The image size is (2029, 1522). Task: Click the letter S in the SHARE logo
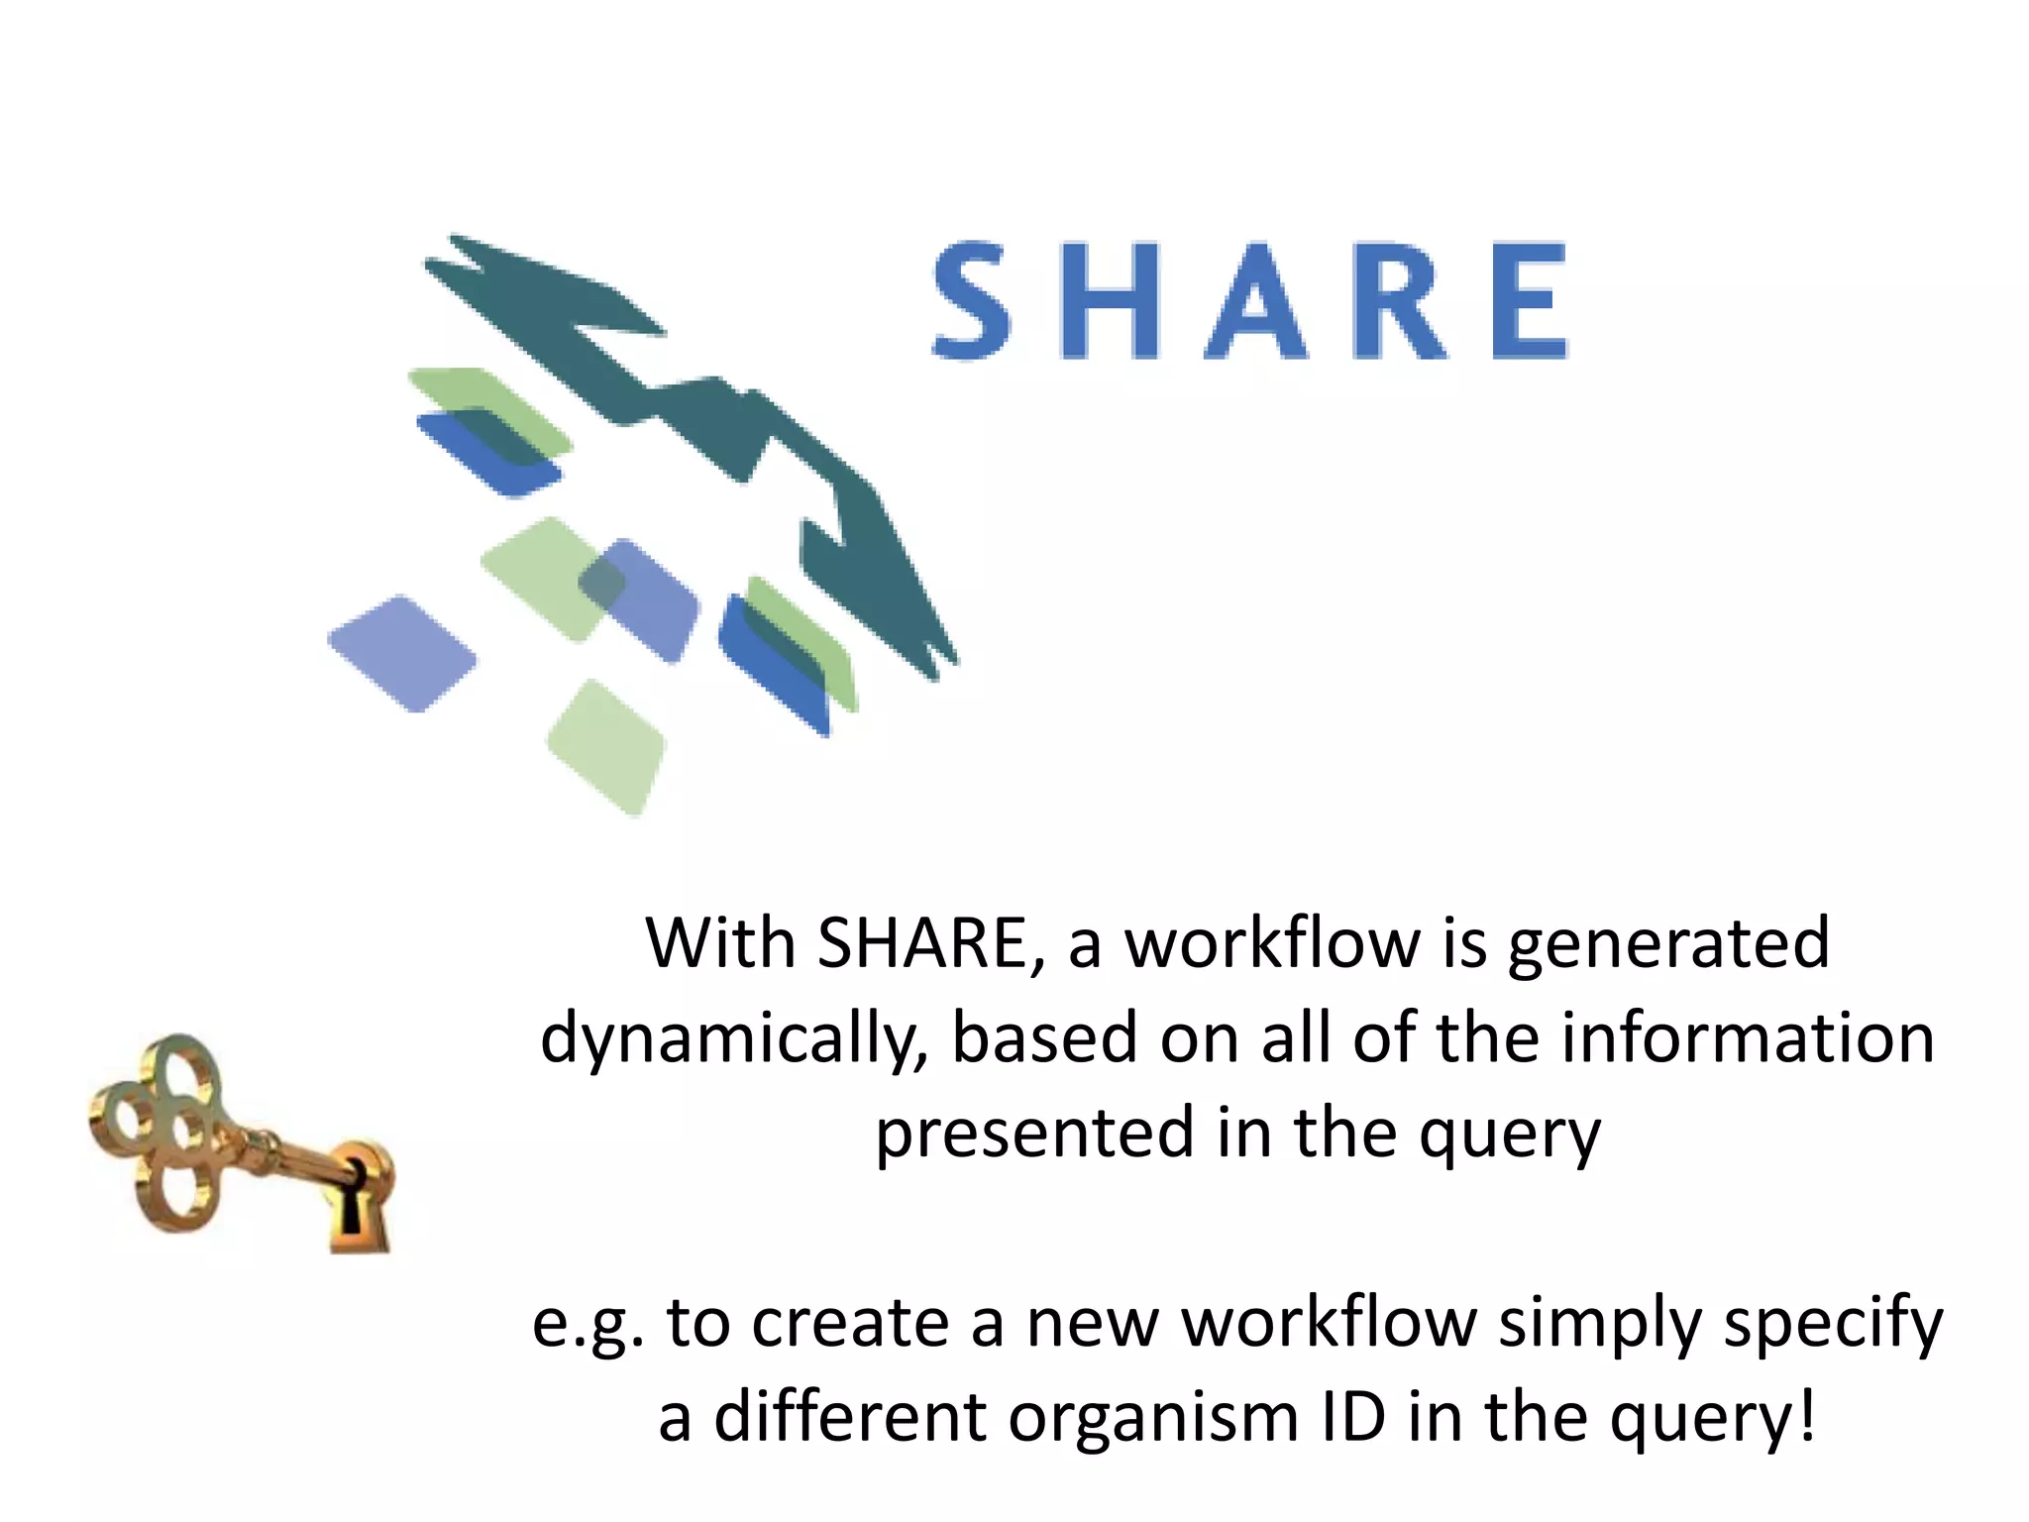point(972,299)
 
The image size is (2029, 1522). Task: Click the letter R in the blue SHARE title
point(1398,301)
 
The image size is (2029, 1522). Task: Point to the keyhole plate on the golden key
point(358,1199)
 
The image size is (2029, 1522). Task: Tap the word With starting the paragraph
point(720,943)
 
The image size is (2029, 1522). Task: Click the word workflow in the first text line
point(1274,943)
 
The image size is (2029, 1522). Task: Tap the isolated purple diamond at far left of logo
point(401,654)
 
